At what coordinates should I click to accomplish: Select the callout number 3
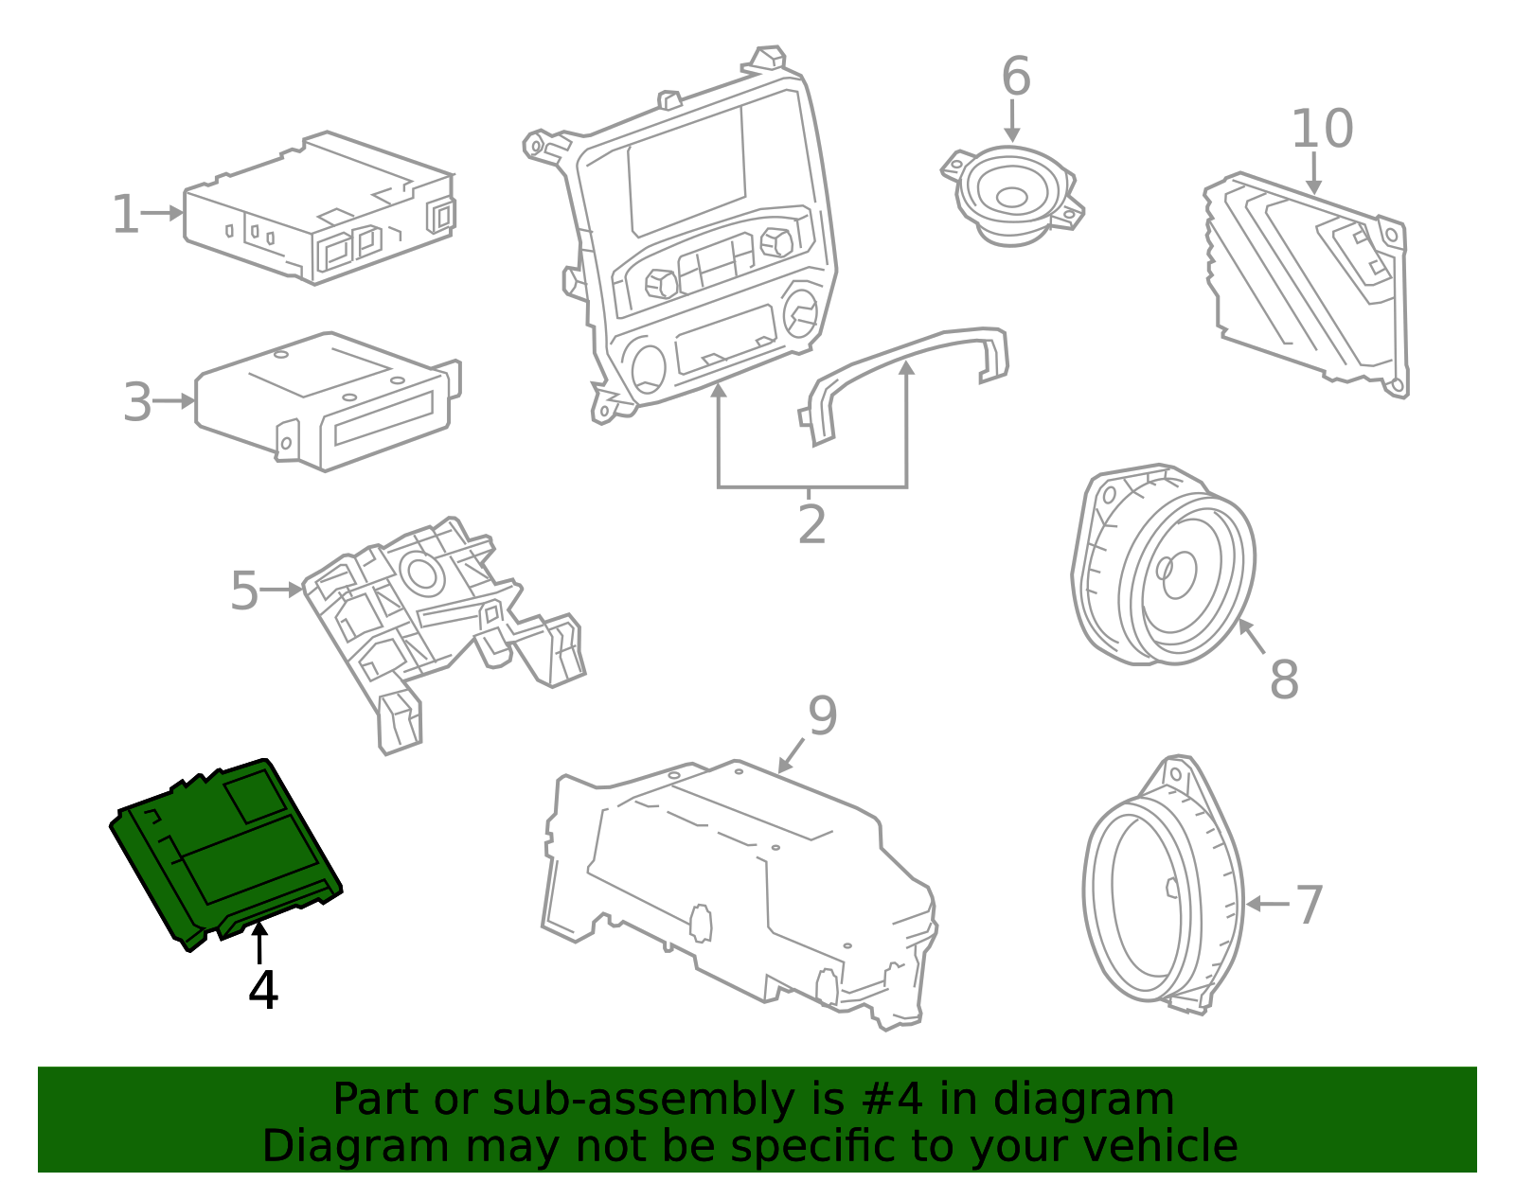[137, 403]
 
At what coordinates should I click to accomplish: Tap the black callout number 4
[263, 991]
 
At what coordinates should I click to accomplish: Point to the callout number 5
[243, 591]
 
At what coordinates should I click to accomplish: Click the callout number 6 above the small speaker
[1015, 77]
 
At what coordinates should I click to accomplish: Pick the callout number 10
[1322, 129]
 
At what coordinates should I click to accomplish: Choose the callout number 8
[1284, 679]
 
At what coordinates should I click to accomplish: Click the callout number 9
[822, 716]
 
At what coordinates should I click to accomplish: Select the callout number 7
[1309, 906]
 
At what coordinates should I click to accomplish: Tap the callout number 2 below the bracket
[811, 524]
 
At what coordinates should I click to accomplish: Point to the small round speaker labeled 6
[1011, 196]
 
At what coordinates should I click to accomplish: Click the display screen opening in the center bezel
[686, 170]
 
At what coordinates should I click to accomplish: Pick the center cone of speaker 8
[1177, 572]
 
